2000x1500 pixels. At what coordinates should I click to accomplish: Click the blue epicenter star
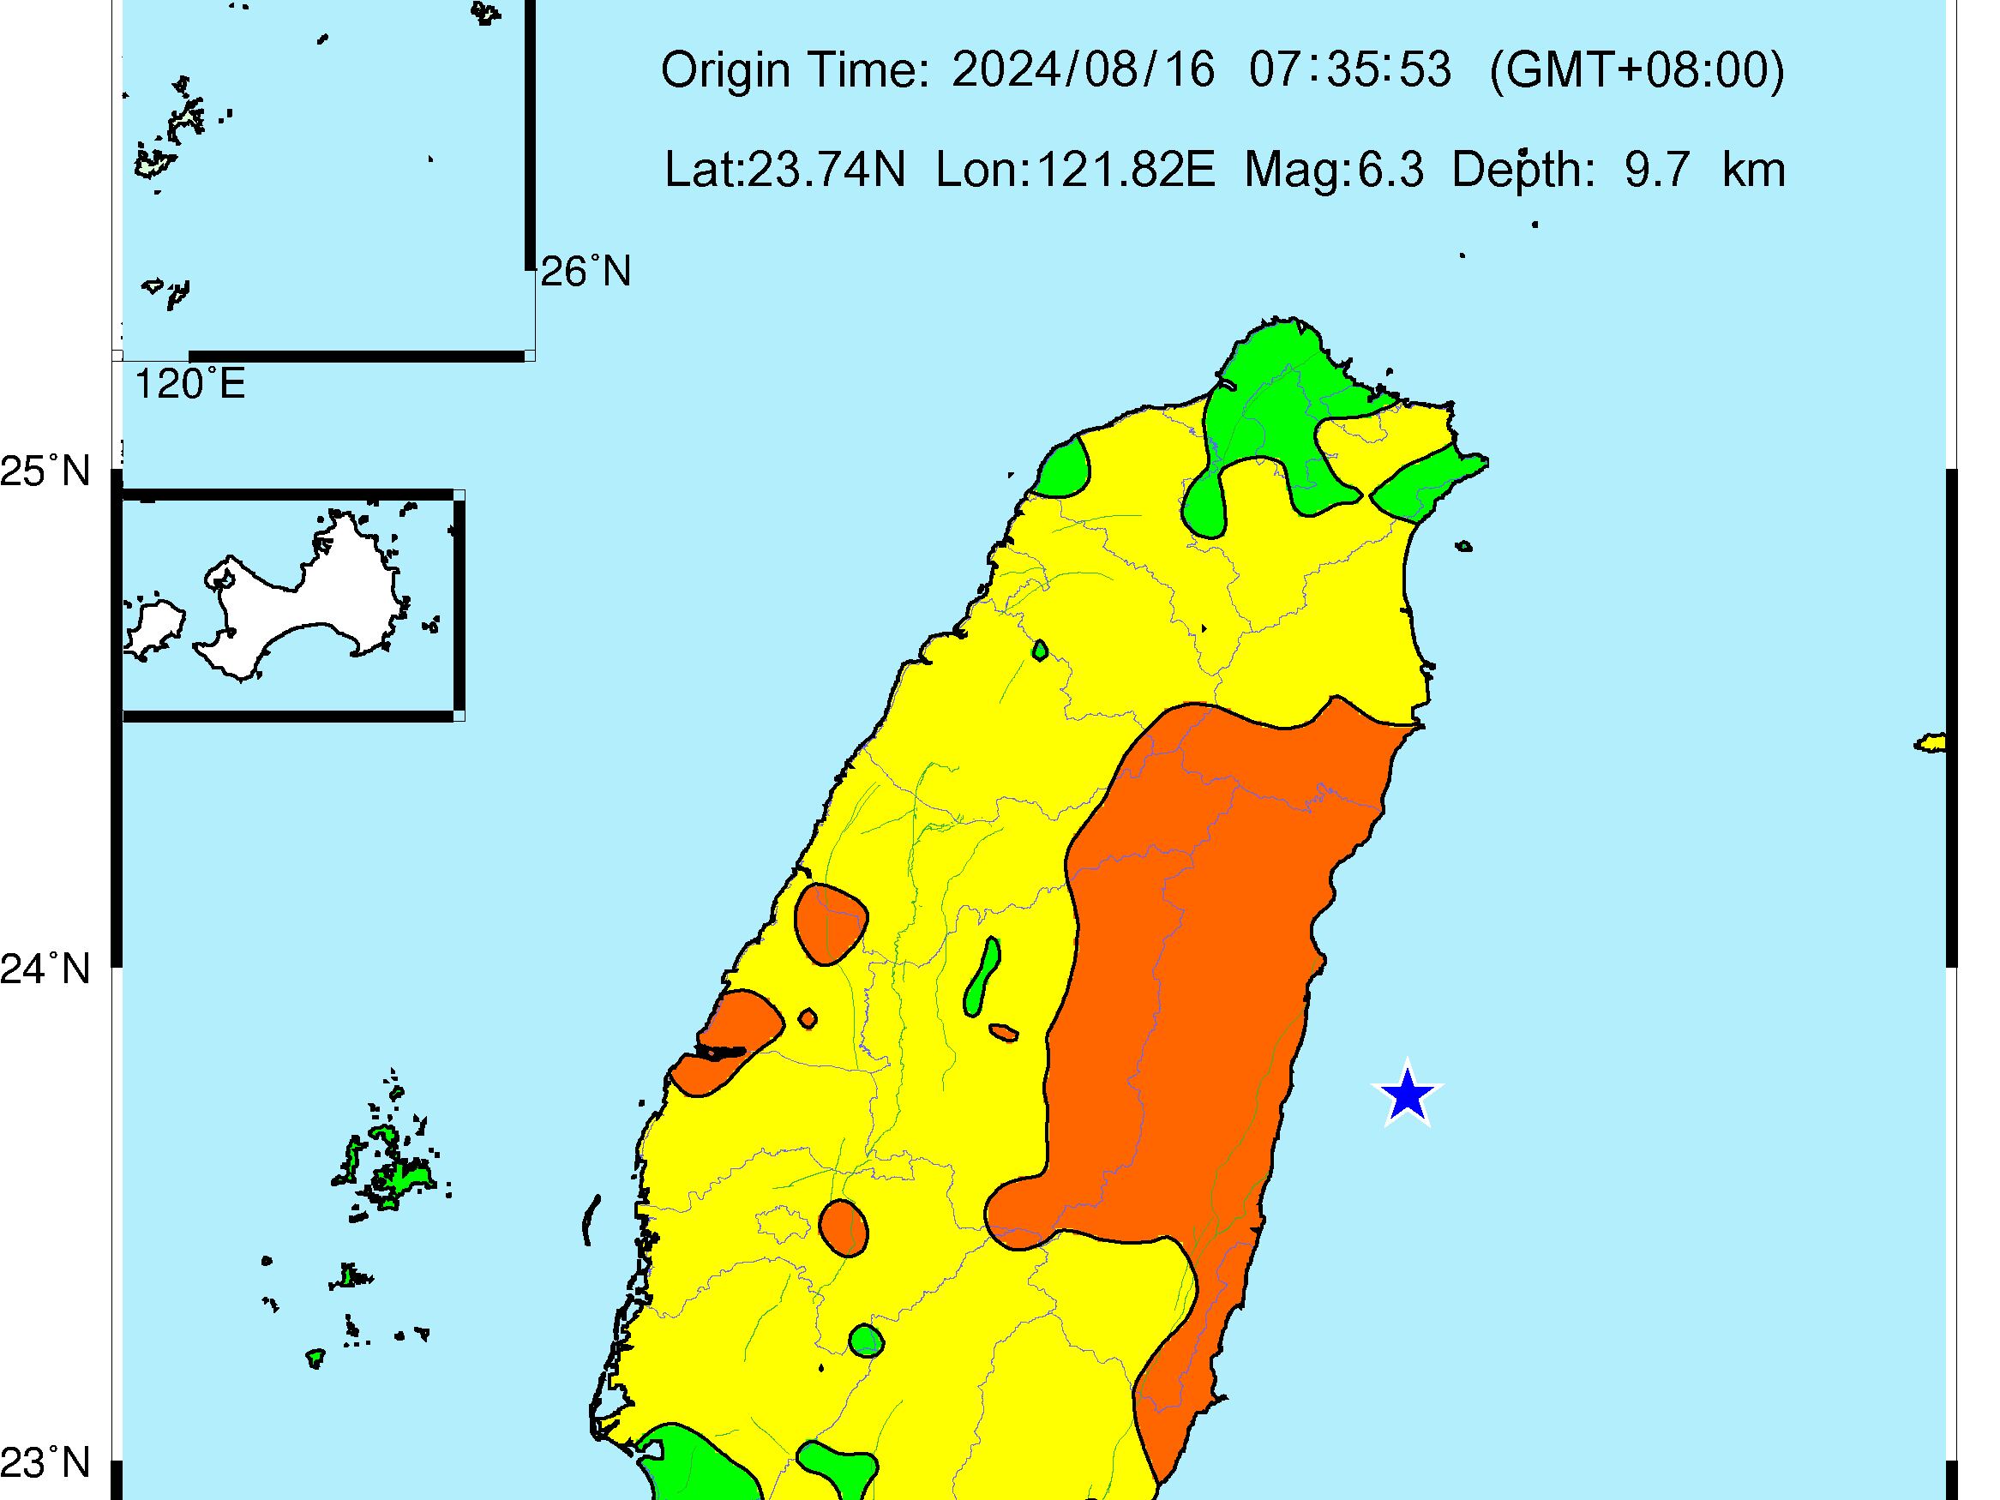click(x=1407, y=1095)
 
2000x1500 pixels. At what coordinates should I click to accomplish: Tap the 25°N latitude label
click(x=46, y=472)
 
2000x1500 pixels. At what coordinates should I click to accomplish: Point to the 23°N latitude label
click(x=46, y=1463)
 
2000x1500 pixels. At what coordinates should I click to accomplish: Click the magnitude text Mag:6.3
click(x=1334, y=170)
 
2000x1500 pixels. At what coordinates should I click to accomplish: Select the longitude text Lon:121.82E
click(x=1075, y=170)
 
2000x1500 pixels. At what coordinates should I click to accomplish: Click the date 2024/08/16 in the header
click(x=1084, y=69)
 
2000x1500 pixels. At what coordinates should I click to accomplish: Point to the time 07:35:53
click(x=1350, y=69)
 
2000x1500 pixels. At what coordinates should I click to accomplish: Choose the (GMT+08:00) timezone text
click(x=1637, y=69)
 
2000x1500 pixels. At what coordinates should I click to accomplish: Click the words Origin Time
click(x=795, y=69)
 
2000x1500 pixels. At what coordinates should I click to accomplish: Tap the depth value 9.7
click(x=1657, y=170)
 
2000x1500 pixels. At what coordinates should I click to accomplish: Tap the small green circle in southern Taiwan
click(x=865, y=1340)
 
